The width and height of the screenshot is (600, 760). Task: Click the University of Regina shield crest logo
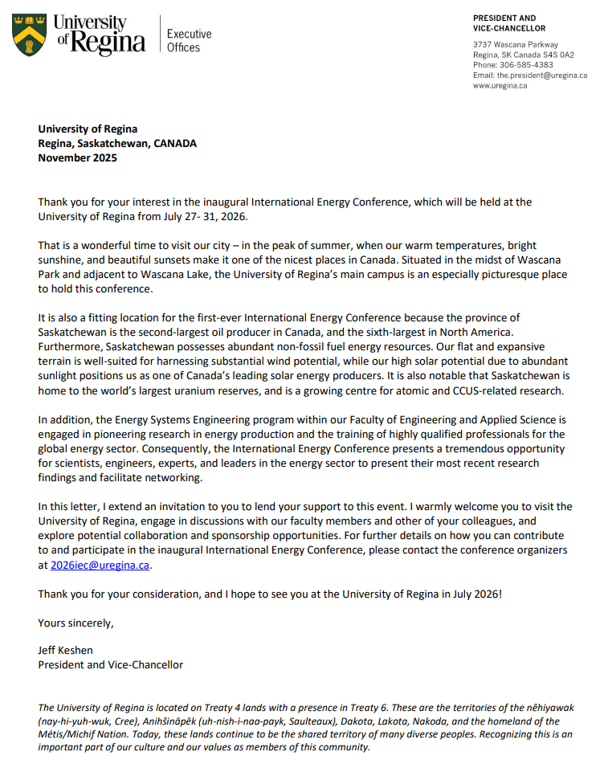tap(28, 35)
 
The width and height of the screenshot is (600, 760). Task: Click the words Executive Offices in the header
tap(189, 40)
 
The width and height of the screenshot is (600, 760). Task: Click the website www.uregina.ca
tap(500, 86)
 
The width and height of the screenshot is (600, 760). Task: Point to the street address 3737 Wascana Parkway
tap(516, 44)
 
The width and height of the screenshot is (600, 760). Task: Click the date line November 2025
tap(77, 158)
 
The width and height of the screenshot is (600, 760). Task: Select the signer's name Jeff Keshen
tap(66, 650)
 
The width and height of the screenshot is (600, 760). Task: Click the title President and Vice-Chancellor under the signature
tap(110, 664)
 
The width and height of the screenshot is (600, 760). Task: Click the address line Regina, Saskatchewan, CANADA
tap(117, 144)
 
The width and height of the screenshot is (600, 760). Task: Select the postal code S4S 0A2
tap(557, 55)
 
